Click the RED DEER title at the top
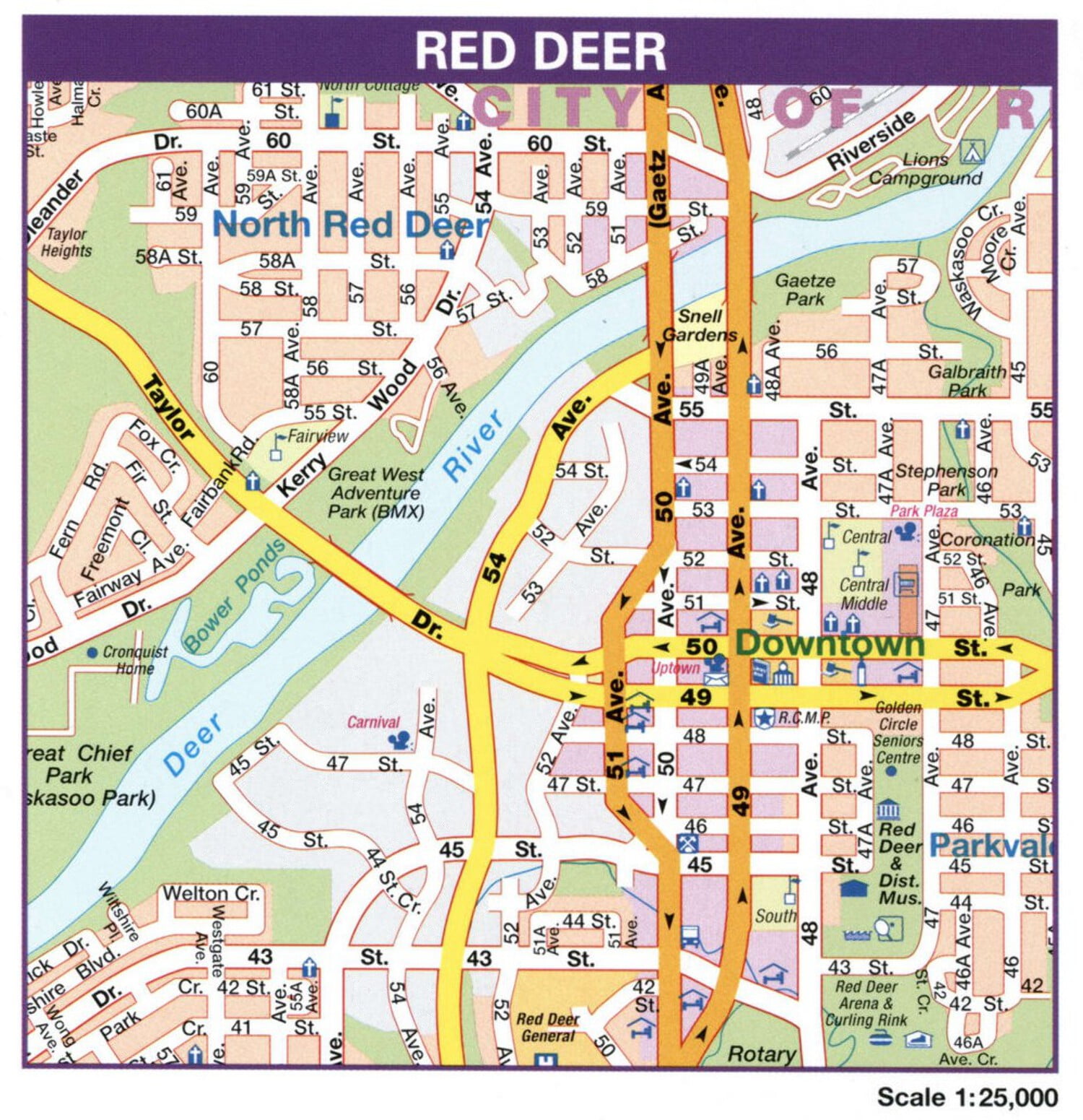(x=540, y=51)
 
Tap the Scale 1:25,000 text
(x=967, y=1097)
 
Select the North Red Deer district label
(x=351, y=225)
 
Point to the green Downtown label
(x=830, y=643)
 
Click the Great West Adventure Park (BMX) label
(x=375, y=493)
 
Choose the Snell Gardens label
(x=700, y=326)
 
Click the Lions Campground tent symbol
(x=972, y=152)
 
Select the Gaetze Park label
(x=805, y=289)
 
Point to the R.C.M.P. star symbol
(x=764, y=717)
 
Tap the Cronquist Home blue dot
(x=92, y=652)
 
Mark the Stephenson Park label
(x=946, y=480)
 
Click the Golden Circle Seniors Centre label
(x=898, y=732)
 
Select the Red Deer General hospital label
(x=547, y=1027)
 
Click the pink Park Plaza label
(x=923, y=511)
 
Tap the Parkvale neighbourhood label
(x=990, y=845)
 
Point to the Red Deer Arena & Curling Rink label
(x=866, y=1003)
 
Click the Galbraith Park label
(x=967, y=381)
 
